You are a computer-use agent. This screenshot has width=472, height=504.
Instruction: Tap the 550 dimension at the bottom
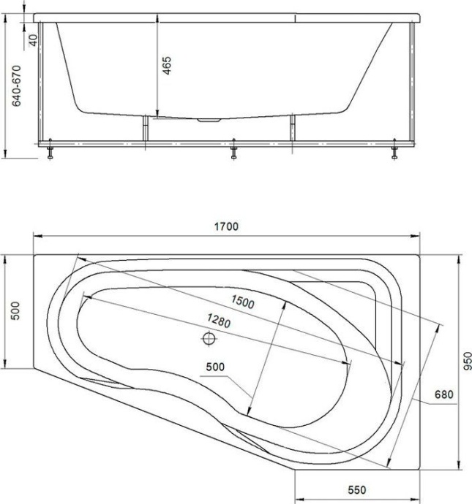tap(356, 490)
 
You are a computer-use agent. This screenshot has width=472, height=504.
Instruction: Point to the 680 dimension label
tap(444, 395)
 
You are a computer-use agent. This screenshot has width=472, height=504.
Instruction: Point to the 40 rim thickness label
tap(33, 39)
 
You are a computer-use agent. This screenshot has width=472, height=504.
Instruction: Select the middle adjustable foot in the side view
tap(233, 151)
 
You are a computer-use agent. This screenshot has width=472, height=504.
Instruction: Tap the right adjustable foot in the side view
tap(394, 151)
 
